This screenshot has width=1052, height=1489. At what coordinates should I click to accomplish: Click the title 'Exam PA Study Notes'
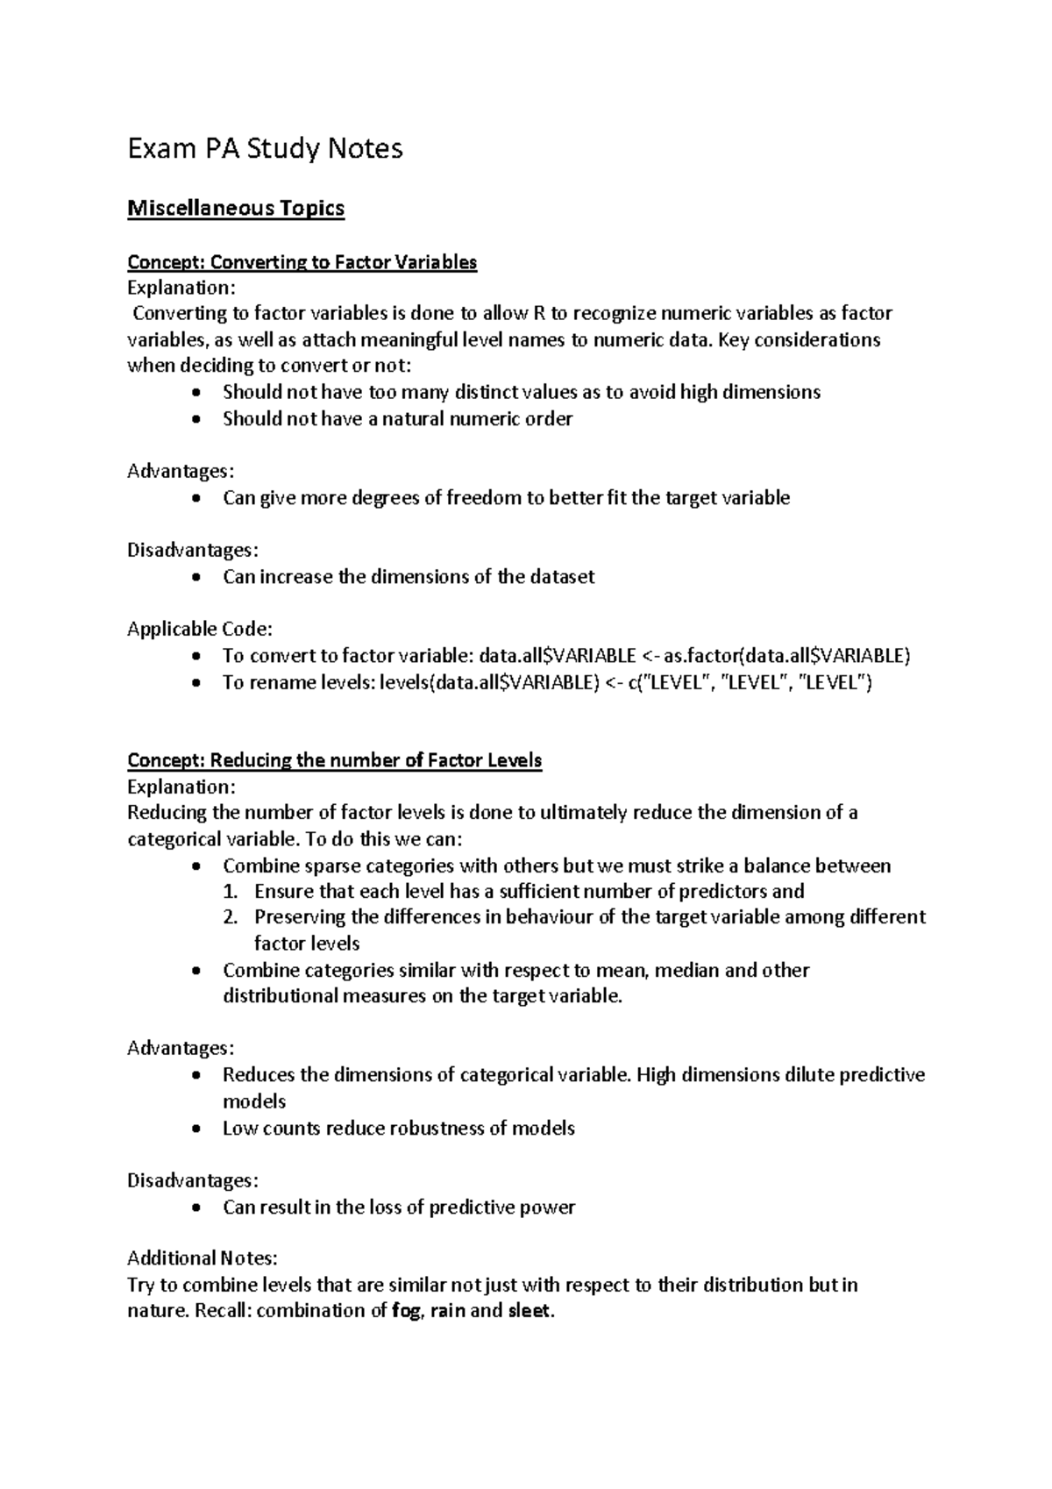pos(265,149)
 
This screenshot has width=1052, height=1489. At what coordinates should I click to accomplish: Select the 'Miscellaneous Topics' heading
pos(236,209)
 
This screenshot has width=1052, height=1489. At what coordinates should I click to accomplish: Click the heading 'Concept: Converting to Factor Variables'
pos(302,262)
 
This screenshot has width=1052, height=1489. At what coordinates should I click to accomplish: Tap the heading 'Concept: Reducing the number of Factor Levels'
pos(334,760)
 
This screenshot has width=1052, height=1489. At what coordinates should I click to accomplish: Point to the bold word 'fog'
pos(404,1311)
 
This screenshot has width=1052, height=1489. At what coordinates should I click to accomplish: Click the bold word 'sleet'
pos(530,1311)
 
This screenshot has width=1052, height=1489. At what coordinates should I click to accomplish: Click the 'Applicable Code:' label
pos(200,629)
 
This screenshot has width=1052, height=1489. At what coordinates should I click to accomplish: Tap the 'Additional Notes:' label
pos(202,1258)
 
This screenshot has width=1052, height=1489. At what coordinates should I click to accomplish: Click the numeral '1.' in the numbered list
pos(231,892)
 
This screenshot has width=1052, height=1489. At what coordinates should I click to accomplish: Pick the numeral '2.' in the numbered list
pos(231,917)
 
